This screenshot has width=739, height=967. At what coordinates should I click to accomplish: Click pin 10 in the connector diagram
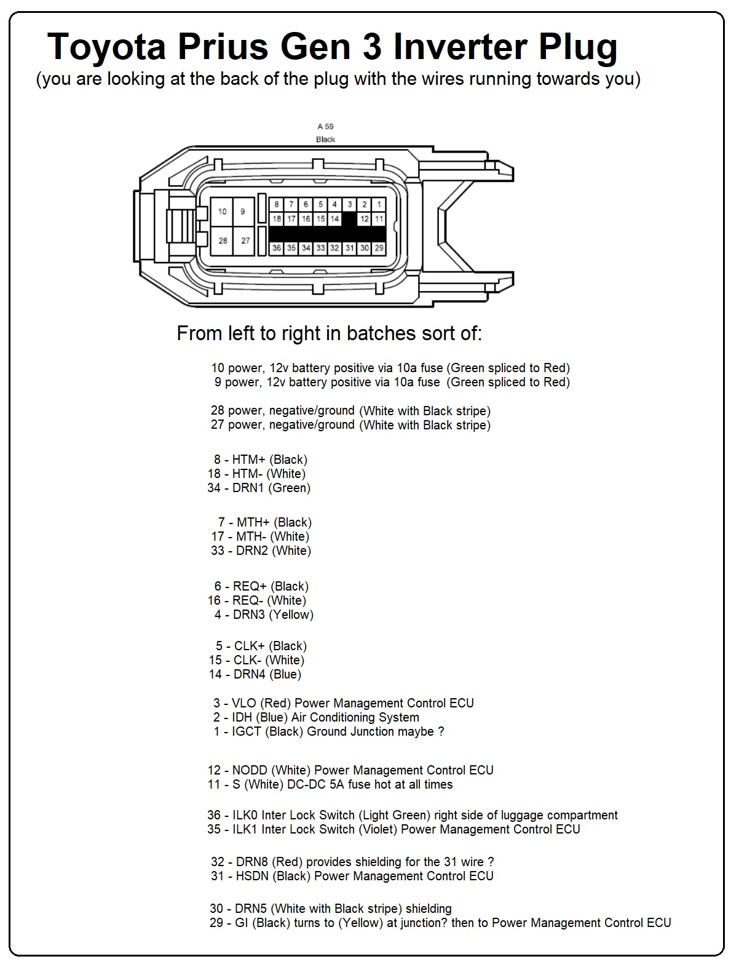pyautogui.click(x=223, y=212)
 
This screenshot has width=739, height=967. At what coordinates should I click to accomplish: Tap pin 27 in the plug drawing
pyautogui.click(x=245, y=241)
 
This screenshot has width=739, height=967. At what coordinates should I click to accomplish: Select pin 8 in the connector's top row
pyautogui.click(x=277, y=204)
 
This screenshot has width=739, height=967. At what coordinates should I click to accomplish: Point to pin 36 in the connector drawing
pyautogui.click(x=277, y=248)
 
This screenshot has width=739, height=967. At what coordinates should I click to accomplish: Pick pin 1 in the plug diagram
pyautogui.click(x=379, y=204)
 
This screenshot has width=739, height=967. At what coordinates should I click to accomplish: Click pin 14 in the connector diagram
pyautogui.click(x=334, y=218)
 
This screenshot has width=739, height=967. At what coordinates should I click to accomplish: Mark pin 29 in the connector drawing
pyautogui.click(x=379, y=248)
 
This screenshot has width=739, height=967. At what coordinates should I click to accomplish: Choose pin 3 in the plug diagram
pyautogui.click(x=350, y=204)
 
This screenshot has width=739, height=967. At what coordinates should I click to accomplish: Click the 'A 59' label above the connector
pyautogui.click(x=325, y=127)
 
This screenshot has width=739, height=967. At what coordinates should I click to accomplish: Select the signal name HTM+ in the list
pyautogui.click(x=248, y=460)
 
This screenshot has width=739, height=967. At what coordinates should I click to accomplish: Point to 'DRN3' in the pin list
pyautogui.click(x=248, y=615)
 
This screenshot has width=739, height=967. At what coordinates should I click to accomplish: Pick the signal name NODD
pyautogui.click(x=249, y=770)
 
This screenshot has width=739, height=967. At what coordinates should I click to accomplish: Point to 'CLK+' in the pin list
pyautogui.click(x=248, y=646)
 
